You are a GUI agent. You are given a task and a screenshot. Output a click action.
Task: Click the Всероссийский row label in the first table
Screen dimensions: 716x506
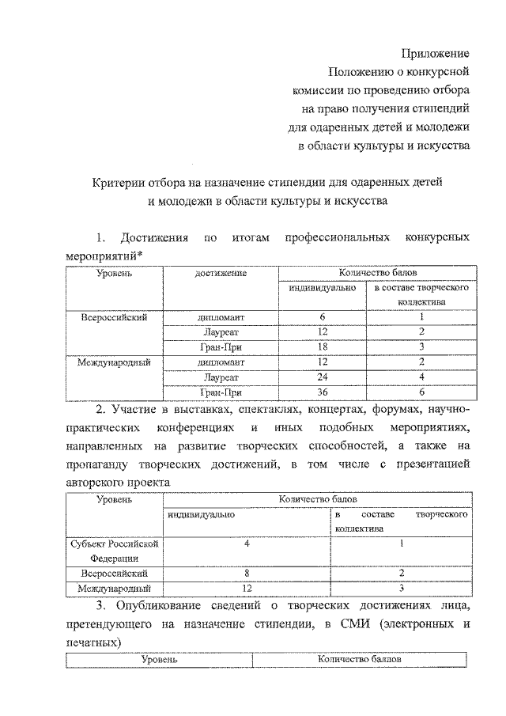pos(115,317)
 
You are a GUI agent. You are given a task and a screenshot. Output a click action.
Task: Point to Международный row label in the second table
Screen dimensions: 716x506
pos(114,588)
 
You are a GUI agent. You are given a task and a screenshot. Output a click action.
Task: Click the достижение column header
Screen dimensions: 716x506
pos(221,273)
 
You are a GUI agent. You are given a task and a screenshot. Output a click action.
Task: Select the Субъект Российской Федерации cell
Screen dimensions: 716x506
pos(114,550)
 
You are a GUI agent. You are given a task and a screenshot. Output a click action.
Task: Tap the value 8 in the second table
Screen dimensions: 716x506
pos(247,572)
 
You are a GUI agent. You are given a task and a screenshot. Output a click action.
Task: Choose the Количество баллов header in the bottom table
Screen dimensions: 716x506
pos(361,658)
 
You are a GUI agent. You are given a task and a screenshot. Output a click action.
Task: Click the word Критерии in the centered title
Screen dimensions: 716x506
pos(114,181)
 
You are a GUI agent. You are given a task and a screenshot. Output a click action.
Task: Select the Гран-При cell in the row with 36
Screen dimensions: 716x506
pos(221,392)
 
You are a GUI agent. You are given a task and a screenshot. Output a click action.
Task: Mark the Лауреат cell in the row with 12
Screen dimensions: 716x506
pos(221,332)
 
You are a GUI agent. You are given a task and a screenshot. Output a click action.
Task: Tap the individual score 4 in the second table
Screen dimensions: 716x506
pos(247,544)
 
